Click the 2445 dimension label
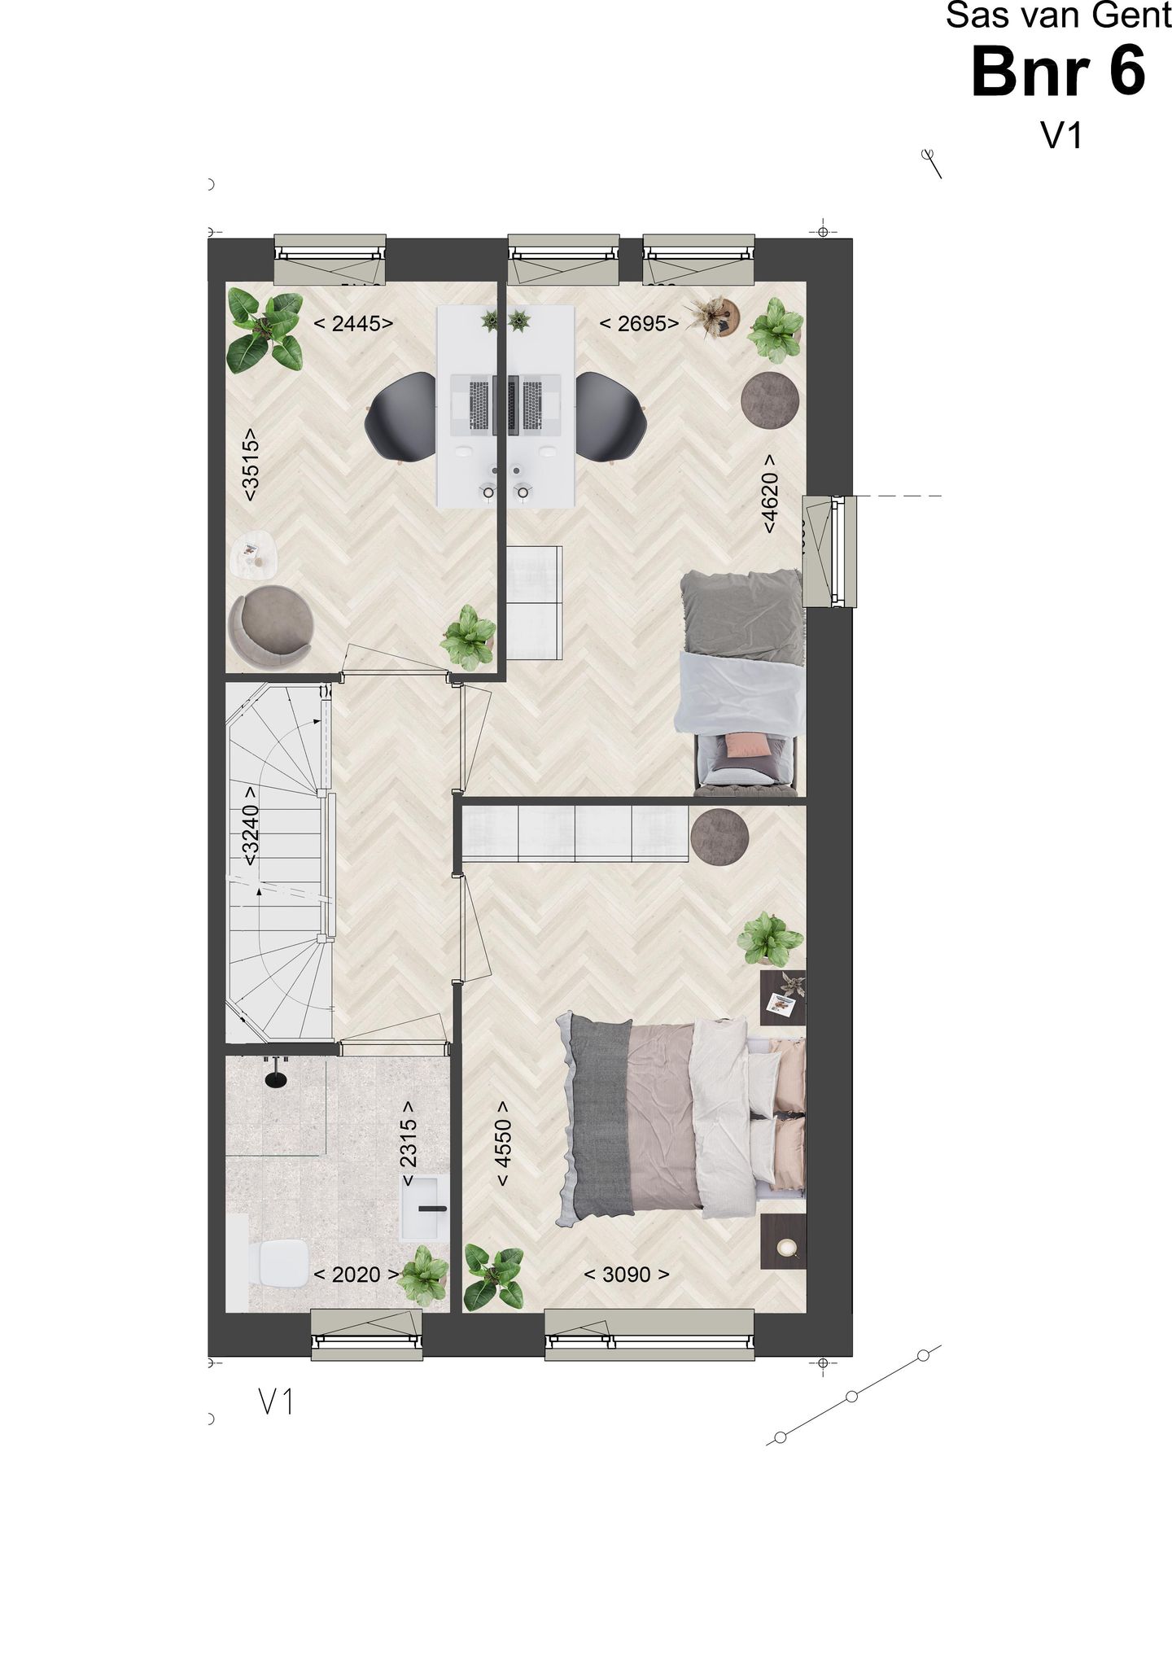tap(353, 324)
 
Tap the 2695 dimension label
tap(639, 324)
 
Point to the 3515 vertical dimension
tap(251, 464)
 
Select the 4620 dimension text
tap(770, 493)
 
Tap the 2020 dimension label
tap(356, 1275)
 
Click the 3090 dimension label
tap(627, 1275)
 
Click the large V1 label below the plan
tap(276, 1402)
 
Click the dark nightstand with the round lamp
tap(785, 1241)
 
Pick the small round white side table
tap(252, 558)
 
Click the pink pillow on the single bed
tap(747, 745)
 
